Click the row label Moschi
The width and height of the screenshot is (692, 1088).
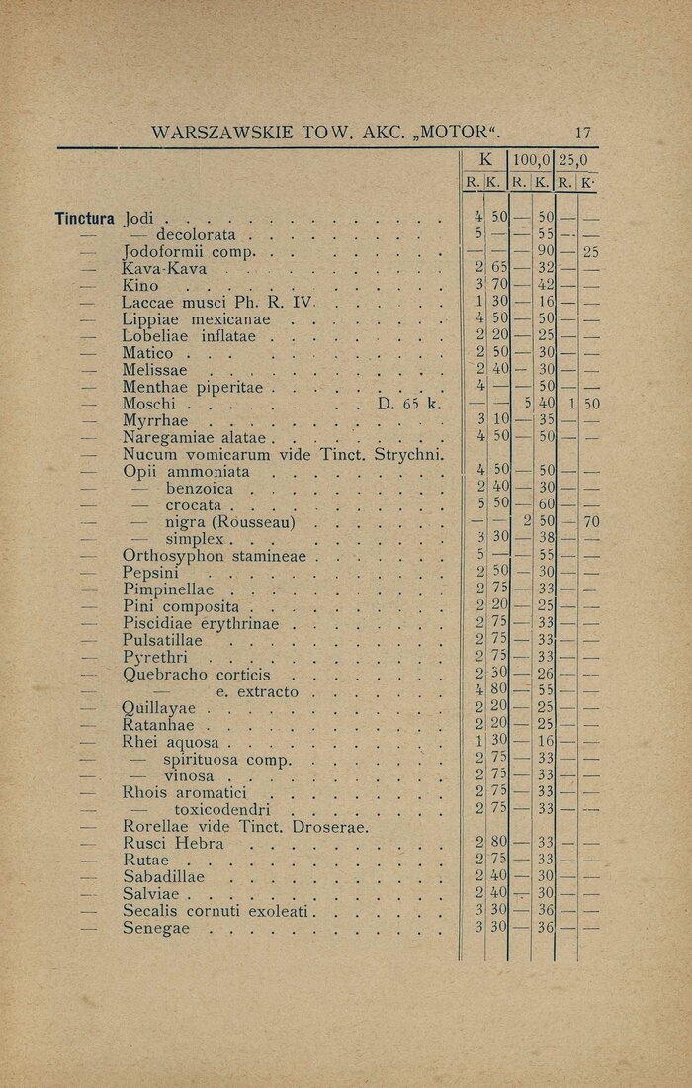[149, 404]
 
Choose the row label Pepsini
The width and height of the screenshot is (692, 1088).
[150, 573]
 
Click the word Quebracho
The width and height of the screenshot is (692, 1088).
[164, 675]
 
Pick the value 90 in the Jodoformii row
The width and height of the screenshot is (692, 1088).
[544, 252]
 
